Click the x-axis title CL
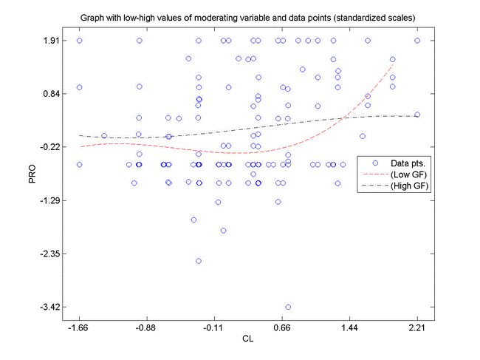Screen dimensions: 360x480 [248, 339]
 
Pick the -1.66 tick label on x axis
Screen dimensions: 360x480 [78, 326]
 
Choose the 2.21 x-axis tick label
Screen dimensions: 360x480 [417, 326]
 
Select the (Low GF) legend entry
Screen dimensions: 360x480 [409, 174]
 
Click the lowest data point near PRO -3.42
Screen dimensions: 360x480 [288, 306]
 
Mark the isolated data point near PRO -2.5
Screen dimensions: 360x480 [199, 261]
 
